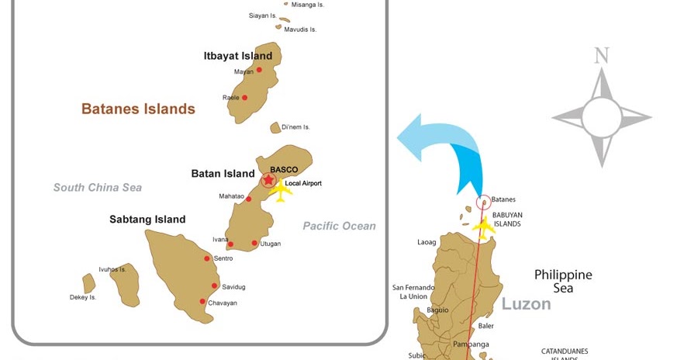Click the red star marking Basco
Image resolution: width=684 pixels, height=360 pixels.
pyautogui.click(x=268, y=180)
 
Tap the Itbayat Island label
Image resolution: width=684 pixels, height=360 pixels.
pyautogui.click(x=237, y=56)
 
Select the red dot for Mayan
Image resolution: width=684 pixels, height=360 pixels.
pyautogui.click(x=259, y=70)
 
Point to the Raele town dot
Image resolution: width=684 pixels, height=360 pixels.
pyautogui.click(x=244, y=98)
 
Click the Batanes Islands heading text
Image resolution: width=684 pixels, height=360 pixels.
pyautogui.click(x=138, y=109)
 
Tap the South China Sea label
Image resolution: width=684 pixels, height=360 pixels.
pyautogui.click(x=98, y=187)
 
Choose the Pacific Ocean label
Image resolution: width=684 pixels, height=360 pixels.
pyautogui.click(x=339, y=226)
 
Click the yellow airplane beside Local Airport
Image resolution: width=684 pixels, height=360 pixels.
pyautogui.click(x=280, y=192)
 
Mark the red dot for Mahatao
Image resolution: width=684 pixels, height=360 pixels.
pyautogui.click(x=248, y=199)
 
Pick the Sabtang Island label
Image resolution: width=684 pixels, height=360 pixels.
pyautogui.click(x=147, y=220)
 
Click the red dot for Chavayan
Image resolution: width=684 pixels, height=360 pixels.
pyautogui.click(x=202, y=302)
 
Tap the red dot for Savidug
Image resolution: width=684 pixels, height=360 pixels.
pyautogui.click(x=215, y=286)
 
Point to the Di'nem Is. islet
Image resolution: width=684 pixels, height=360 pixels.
pyautogui.click(x=275, y=127)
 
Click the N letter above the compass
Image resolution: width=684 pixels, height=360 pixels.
pyautogui.click(x=601, y=56)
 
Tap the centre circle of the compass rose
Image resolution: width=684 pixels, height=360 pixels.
pyautogui.click(x=601, y=118)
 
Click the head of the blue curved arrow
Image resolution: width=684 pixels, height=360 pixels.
pyautogui.click(x=409, y=137)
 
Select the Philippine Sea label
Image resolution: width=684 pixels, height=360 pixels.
pyautogui.click(x=563, y=281)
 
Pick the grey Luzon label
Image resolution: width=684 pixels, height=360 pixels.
pyautogui.click(x=526, y=303)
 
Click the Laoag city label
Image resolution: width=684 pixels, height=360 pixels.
pyautogui.click(x=427, y=242)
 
